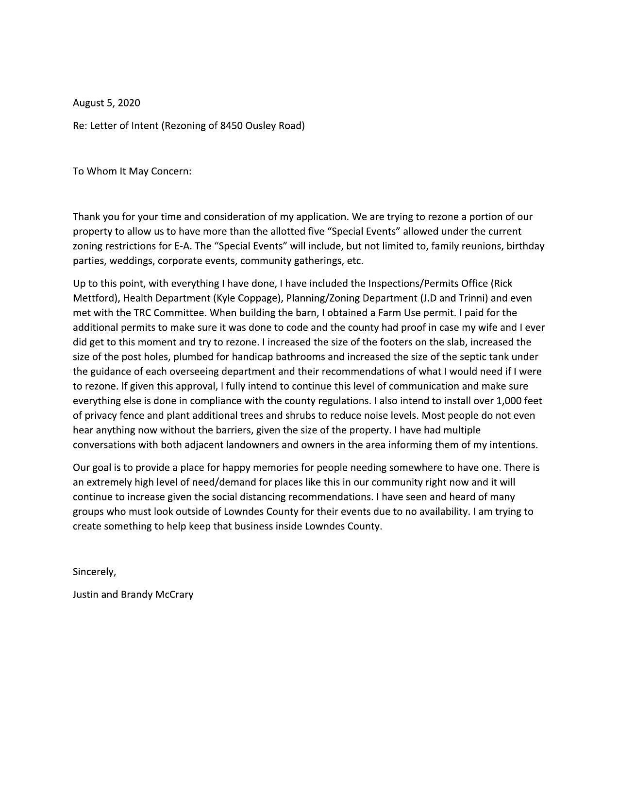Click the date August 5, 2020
(x=106, y=103)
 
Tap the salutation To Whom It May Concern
(x=132, y=171)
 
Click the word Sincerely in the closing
(x=94, y=572)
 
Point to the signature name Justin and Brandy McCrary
(x=133, y=595)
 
